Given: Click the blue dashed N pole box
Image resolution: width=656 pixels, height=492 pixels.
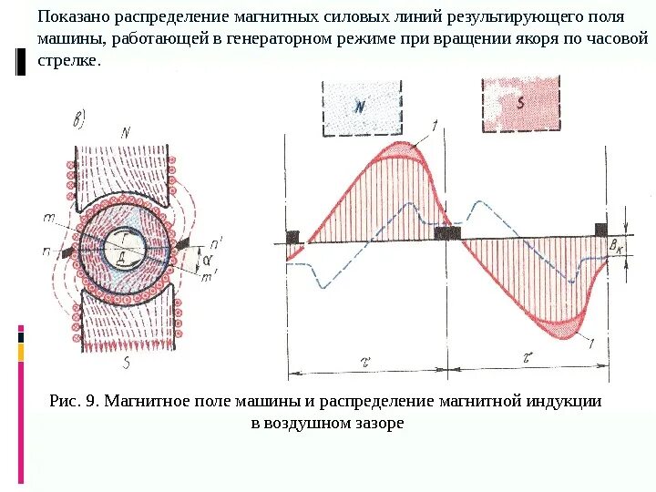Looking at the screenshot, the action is coord(361,108).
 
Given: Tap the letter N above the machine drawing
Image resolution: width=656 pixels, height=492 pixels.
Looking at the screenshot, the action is coord(126,131).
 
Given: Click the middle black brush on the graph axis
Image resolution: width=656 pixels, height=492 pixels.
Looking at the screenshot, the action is coord(446,233).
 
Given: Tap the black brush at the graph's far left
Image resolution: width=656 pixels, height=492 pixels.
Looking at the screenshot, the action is coord(292,237).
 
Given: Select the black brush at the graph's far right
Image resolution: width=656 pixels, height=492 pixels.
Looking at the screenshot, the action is coord(601,229).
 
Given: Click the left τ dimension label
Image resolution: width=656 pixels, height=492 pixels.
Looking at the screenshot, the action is coord(364,361).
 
